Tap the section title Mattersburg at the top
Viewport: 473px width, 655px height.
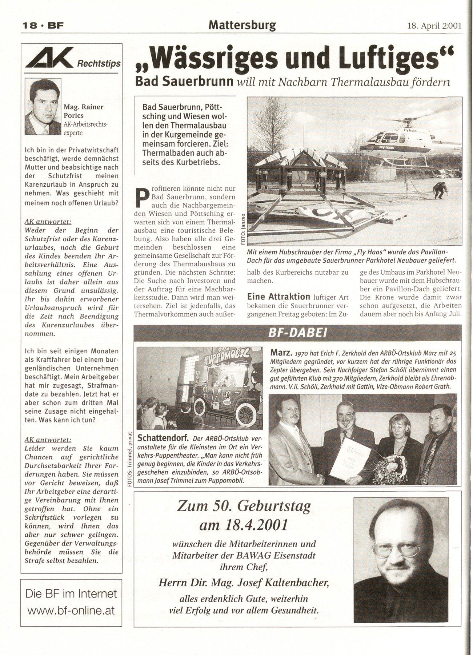click(x=242, y=25)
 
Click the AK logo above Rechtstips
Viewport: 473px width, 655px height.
click(x=49, y=58)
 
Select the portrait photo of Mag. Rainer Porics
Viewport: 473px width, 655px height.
click(x=43, y=107)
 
